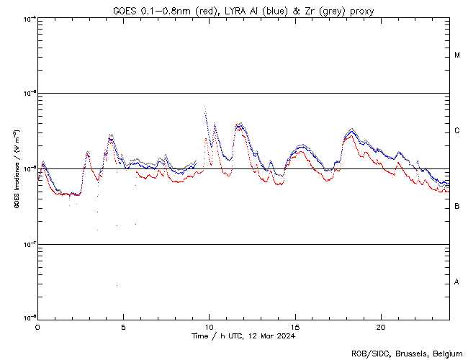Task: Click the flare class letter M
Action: tap(457, 55)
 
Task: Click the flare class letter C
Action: tap(457, 131)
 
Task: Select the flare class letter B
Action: tap(457, 207)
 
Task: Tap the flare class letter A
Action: tap(457, 282)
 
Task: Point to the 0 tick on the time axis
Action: tap(37, 325)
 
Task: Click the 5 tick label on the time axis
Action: tap(123, 325)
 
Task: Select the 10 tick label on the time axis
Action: tap(209, 325)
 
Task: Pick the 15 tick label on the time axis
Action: tap(295, 325)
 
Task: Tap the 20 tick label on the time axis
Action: tap(381, 325)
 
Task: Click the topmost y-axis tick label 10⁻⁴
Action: tap(30, 18)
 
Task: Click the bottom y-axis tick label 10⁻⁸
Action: tap(30, 318)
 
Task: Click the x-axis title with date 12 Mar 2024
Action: tap(243, 336)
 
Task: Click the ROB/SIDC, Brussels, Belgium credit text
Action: tap(405, 353)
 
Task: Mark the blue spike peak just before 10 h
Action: tap(205, 107)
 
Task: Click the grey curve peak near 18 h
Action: tap(351, 129)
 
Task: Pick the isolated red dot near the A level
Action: tap(117, 286)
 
